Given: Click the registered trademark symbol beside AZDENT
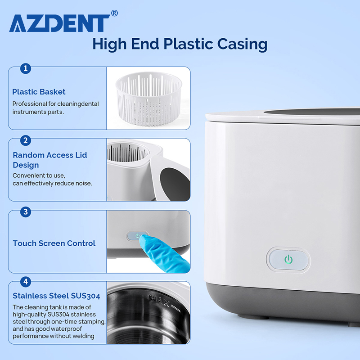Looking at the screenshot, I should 114,13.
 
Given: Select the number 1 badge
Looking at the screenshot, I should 26,68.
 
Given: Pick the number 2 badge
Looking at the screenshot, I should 26,140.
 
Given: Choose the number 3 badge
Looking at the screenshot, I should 26,211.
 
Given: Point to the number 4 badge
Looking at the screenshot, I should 26,283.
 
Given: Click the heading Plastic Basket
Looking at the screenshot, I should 39,92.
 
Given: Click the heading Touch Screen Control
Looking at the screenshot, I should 54,243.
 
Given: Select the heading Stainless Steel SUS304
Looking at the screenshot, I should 56,296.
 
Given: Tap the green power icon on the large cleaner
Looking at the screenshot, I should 288,260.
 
